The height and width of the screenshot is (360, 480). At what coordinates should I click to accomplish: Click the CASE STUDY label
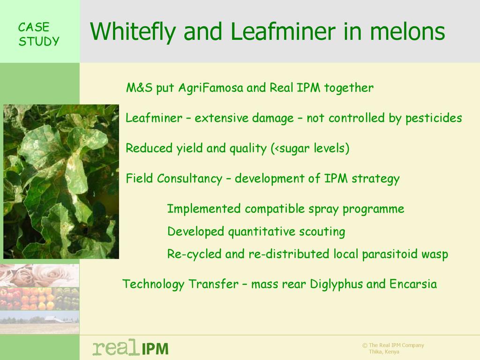point(38,34)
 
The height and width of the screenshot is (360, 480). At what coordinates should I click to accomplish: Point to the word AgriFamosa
point(210,88)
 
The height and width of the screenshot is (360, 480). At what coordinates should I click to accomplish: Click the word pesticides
point(434,119)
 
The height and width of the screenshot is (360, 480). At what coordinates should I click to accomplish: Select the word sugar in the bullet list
point(294,149)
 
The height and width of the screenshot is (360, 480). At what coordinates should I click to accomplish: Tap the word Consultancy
point(189,179)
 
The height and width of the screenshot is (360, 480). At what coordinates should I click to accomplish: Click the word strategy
point(375,179)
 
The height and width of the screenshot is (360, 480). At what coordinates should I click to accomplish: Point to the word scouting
point(322,232)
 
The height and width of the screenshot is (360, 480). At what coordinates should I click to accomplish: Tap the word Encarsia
point(413,284)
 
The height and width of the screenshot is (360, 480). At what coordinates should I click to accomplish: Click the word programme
point(373,210)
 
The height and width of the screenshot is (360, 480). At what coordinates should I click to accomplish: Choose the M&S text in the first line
point(139,88)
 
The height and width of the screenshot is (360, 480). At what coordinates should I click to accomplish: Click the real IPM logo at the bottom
point(130,347)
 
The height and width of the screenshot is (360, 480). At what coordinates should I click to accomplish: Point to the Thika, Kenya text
point(384,352)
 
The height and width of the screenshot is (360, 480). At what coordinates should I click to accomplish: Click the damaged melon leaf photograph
point(61,181)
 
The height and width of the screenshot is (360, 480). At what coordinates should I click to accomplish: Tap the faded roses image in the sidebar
point(39,276)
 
